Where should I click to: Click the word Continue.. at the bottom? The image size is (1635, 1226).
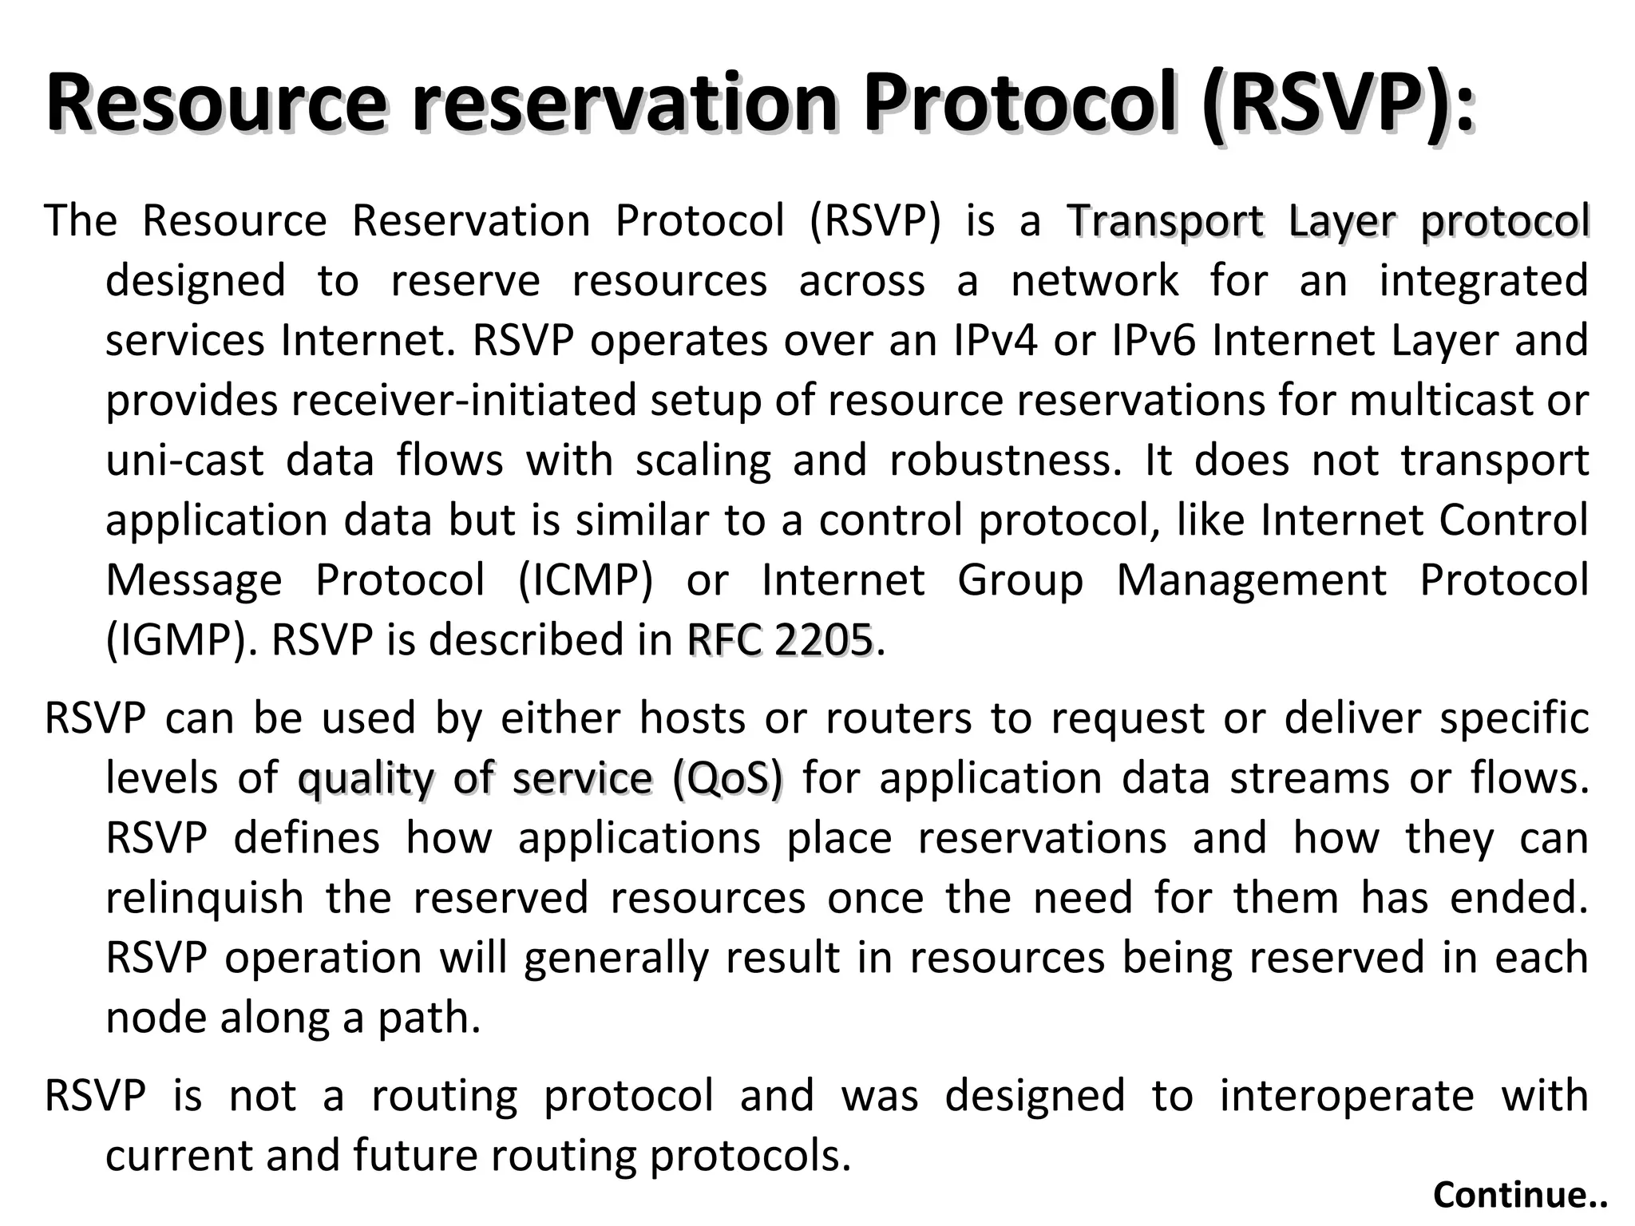click(x=1519, y=1195)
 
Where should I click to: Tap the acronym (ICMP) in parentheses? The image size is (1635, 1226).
click(x=585, y=580)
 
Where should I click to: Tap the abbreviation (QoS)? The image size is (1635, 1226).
click(x=728, y=778)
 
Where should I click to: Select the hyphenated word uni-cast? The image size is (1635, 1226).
click(x=184, y=461)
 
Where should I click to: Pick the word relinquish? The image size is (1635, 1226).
click(x=204, y=898)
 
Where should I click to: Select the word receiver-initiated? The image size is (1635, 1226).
click(x=463, y=401)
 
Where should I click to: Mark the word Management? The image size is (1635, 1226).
click(x=1251, y=580)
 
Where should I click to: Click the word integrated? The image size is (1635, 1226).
click(x=1483, y=281)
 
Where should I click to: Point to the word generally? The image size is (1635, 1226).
click(x=616, y=958)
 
